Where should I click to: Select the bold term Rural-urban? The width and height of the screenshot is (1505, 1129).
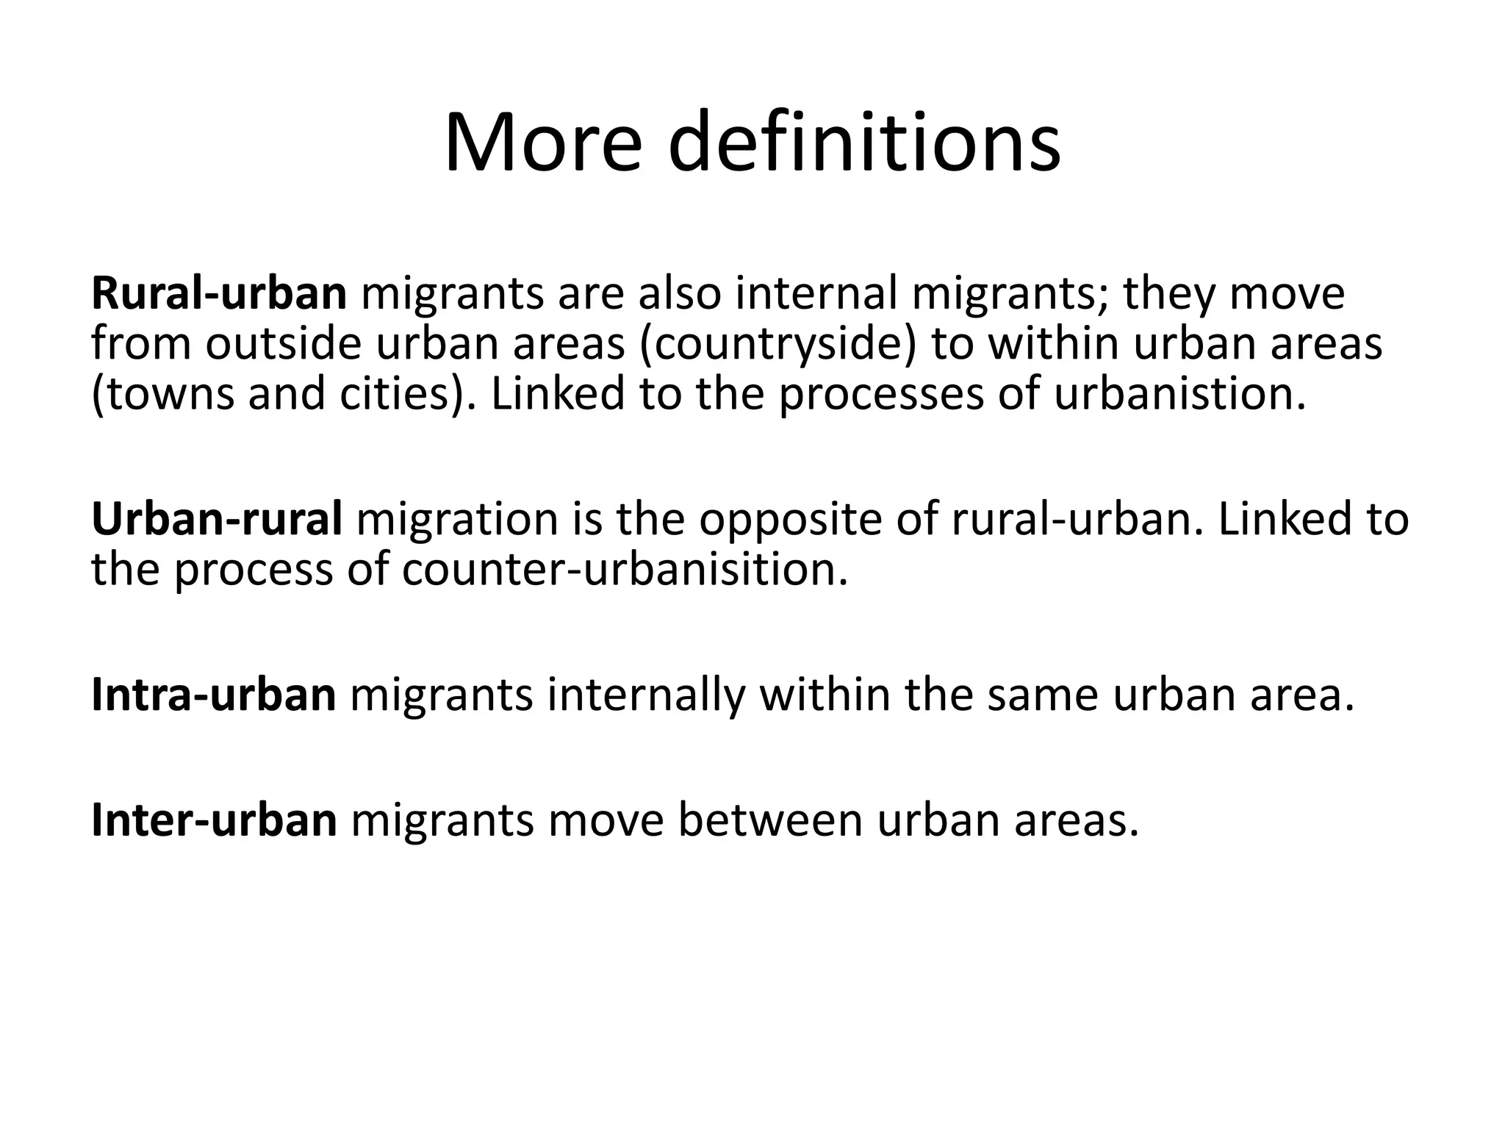218,293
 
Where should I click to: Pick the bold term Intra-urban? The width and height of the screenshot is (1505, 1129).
213,695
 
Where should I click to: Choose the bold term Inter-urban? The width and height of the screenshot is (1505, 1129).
214,820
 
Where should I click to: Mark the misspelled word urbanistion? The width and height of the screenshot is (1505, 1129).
1180,394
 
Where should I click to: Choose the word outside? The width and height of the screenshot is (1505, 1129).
283,344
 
